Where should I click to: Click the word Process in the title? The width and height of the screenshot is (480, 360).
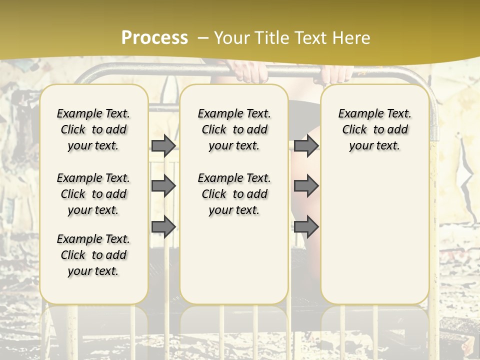[154, 38]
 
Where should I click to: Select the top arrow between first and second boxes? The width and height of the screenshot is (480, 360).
[163, 145]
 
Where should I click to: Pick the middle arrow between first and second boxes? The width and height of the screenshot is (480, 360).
[163, 186]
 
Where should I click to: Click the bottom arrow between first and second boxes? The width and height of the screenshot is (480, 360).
[163, 226]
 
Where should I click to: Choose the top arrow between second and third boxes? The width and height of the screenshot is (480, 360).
[306, 145]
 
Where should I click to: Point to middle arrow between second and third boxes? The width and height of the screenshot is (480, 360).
[306, 186]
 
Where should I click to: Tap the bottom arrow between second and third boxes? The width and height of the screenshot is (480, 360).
[306, 226]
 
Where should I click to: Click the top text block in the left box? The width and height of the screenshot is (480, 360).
[93, 129]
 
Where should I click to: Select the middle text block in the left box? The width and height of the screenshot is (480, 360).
[93, 194]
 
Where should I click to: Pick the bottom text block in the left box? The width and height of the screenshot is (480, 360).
[93, 255]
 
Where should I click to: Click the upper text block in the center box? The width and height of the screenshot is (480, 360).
[234, 129]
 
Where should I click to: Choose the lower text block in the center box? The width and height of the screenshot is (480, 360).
[234, 194]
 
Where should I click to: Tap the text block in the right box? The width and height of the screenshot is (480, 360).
[374, 129]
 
